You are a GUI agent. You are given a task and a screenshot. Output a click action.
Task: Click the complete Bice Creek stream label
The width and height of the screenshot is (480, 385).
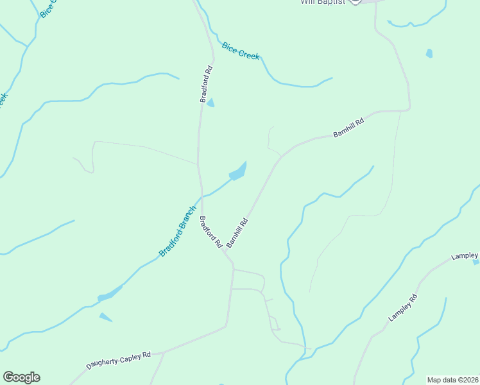241,51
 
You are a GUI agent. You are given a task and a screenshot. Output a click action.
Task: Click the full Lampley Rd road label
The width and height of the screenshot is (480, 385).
403,307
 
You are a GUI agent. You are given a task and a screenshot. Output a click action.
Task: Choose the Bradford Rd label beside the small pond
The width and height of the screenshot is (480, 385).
206,83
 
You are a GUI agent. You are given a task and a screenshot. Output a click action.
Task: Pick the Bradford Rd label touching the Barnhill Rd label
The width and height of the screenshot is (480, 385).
210,232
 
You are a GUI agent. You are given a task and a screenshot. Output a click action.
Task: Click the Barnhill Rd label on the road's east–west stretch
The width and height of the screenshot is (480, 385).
348,127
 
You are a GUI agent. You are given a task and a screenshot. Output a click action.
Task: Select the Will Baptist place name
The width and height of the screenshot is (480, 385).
323,2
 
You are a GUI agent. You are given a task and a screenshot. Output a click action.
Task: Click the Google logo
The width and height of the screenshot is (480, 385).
21,377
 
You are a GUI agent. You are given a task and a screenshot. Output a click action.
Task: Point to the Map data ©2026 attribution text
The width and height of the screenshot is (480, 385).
453,380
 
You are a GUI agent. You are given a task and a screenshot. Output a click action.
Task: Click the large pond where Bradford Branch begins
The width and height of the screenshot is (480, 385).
238,172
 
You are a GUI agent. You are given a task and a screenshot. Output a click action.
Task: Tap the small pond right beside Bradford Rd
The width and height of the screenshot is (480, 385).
210,103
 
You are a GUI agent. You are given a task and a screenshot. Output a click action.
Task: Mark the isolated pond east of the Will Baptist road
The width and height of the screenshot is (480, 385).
429,54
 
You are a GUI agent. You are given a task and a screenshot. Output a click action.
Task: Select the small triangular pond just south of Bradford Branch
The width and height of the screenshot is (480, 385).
105,317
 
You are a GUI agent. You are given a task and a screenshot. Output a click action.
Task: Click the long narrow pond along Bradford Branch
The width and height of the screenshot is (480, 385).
109,295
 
